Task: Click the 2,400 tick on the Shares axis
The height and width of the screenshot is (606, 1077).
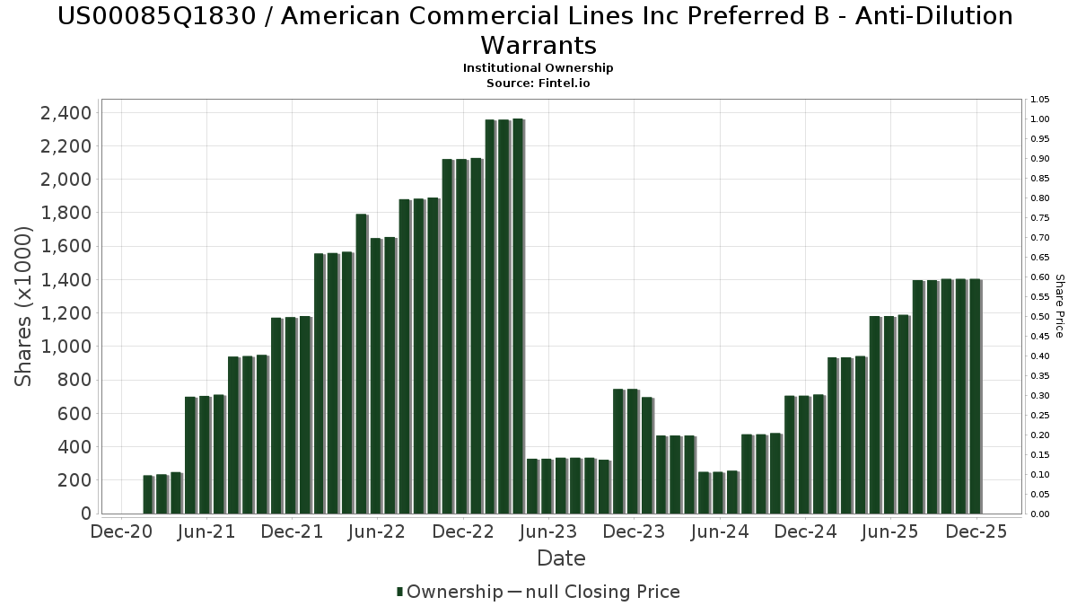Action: coord(66,113)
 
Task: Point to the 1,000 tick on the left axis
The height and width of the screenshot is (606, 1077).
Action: coord(66,347)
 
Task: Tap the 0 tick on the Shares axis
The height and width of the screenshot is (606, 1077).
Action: coord(85,514)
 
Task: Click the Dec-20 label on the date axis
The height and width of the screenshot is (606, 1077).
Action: coord(121,531)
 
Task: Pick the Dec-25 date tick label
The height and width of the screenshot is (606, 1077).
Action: coord(975,531)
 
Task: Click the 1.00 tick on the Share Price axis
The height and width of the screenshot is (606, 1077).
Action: coord(1040,119)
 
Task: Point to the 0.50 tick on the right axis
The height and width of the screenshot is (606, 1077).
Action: coord(1040,317)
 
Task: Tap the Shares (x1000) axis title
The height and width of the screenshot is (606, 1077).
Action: coord(24,306)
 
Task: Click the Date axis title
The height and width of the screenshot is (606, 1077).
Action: coord(561,558)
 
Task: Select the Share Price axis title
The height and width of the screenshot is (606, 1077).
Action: coord(1059,306)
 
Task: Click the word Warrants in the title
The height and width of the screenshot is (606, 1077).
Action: coord(538,45)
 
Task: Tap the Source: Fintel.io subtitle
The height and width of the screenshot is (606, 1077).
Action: coord(538,83)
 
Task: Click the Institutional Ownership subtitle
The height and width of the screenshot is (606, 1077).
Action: coord(538,68)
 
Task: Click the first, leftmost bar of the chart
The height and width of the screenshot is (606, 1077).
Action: coord(148,494)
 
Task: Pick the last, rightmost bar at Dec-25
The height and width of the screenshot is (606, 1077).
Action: coord(975,396)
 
